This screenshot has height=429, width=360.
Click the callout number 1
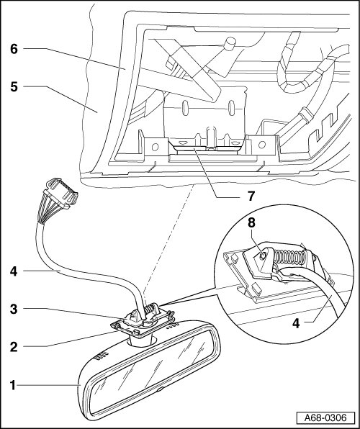13,385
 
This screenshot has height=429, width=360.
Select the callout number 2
14,347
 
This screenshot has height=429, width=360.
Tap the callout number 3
14,309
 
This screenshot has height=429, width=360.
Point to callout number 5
14,87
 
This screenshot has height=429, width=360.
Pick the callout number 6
14,49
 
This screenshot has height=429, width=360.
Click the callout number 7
251,197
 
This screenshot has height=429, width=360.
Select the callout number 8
251,222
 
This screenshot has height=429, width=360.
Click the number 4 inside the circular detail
296,323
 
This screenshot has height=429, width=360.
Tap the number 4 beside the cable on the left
14,271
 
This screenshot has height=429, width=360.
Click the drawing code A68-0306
325,417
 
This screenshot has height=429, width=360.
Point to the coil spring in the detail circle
289,257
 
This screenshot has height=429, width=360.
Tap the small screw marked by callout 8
263,256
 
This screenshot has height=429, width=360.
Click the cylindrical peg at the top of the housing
229,44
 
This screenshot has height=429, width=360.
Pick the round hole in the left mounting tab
155,147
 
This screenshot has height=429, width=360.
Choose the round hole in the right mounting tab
262,144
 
